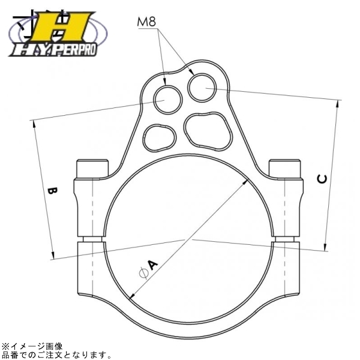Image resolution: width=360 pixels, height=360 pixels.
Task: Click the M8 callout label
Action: click(147, 23)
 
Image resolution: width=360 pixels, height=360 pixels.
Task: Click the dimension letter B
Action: click(52, 192)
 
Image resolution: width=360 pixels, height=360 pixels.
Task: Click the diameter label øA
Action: click(148, 268)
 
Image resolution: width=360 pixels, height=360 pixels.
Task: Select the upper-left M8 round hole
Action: click(167, 97)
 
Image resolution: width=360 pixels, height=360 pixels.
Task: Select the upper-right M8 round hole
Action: click(202, 86)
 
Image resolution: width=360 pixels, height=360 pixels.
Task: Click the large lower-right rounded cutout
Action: click(208, 129)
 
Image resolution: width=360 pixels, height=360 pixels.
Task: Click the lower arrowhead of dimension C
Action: click(326, 246)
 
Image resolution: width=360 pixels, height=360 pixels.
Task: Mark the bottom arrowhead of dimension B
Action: click(55, 256)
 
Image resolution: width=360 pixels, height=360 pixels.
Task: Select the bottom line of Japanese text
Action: click(56, 354)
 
